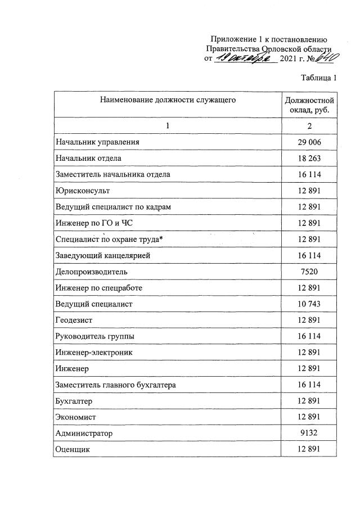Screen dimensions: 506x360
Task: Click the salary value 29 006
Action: point(309,142)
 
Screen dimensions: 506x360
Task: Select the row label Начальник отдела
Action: point(88,159)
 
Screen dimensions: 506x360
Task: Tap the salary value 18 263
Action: point(309,159)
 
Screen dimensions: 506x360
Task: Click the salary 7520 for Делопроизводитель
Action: point(309,272)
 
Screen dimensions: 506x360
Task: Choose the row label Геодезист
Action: point(74,320)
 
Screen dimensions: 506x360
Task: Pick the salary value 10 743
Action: point(309,304)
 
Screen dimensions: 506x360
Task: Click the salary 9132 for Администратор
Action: point(309,433)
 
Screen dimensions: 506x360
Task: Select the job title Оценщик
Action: point(73,450)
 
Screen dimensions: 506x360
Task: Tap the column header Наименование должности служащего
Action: point(168,101)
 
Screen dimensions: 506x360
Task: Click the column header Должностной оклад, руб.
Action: point(309,105)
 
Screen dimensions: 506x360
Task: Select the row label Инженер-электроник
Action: point(94,353)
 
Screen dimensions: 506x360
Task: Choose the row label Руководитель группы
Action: point(94,337)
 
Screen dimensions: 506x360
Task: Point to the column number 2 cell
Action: point(309,125)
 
